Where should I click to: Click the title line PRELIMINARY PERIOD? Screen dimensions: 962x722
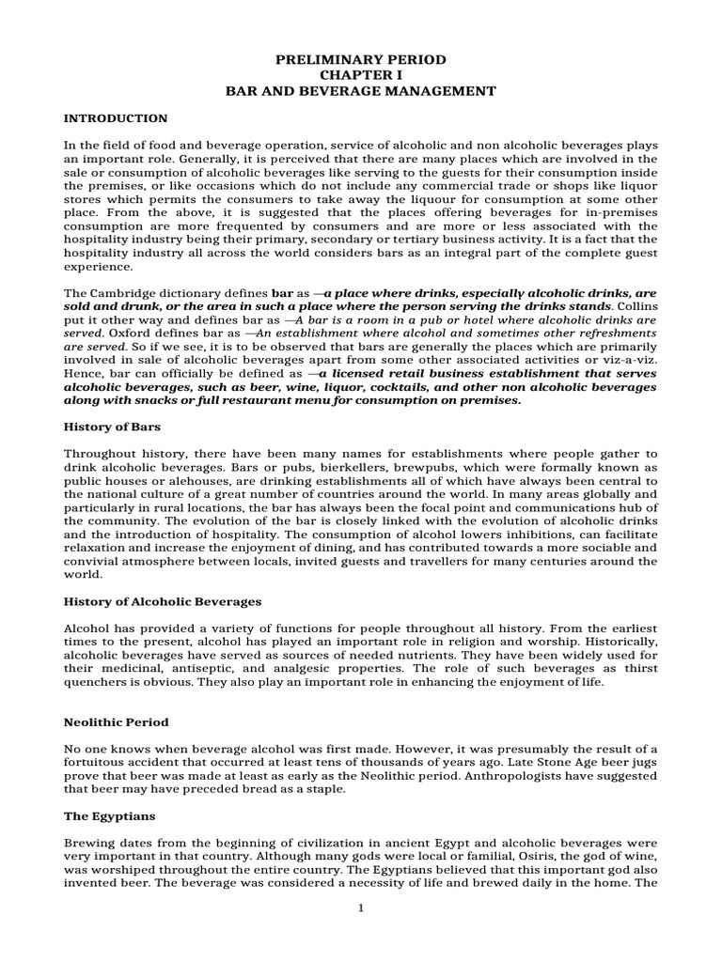tap(361, 59)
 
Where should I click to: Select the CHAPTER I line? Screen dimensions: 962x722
tap(361, 75)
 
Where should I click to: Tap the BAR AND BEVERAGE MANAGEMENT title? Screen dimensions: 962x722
tap(361, 91)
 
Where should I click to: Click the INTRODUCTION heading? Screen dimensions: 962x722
tap(115, 118)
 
